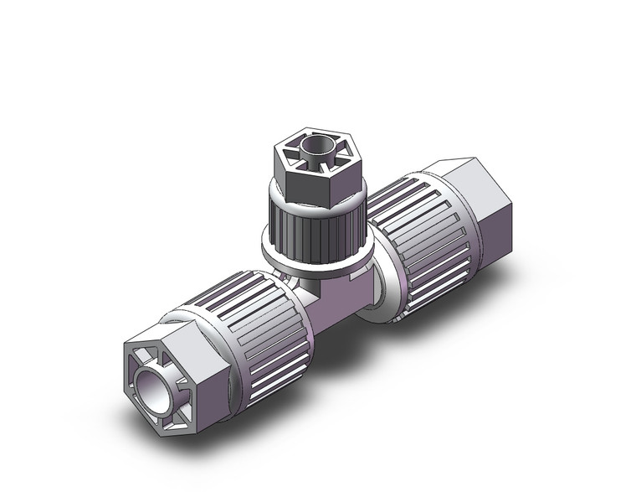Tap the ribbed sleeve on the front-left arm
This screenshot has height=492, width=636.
click(251, 327)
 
